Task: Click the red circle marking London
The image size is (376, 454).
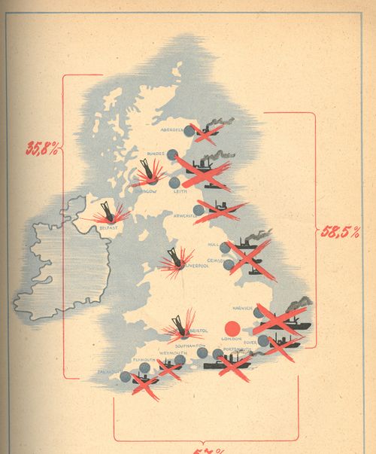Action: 232,328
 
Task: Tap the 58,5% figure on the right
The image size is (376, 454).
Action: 339,231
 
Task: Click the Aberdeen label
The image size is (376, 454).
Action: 172,130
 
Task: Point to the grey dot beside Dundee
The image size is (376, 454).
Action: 172,154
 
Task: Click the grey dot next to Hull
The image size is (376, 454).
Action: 224,247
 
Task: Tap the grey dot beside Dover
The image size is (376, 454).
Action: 263,341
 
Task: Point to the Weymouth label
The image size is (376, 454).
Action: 174,352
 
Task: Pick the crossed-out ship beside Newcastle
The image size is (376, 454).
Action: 220,210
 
